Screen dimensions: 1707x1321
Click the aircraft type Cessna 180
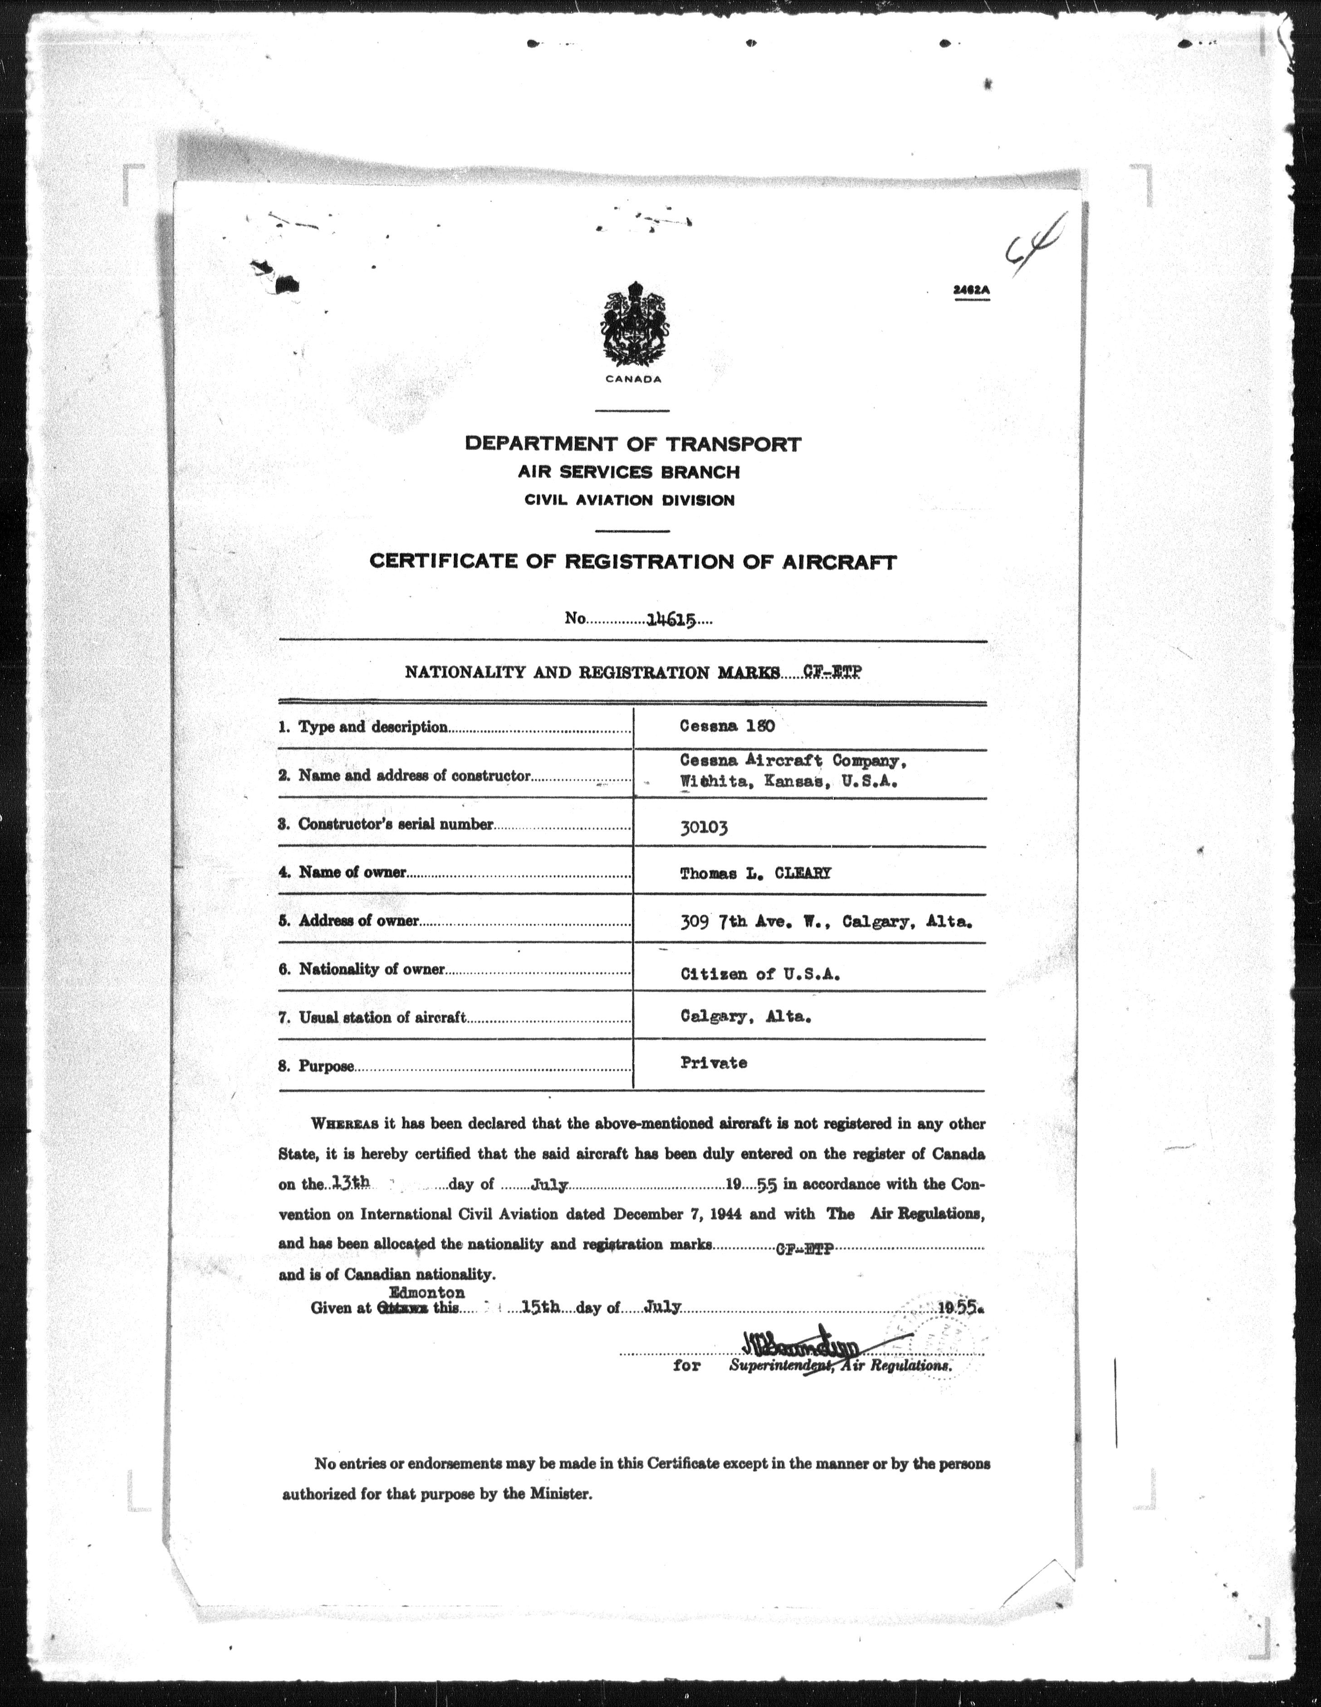[727, 726]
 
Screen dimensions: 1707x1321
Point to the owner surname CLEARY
[802, 874]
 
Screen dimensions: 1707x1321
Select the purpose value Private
[713, 1063]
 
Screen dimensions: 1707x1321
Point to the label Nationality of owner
[372, 970]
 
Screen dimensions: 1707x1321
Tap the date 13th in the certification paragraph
[349, 1184]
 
